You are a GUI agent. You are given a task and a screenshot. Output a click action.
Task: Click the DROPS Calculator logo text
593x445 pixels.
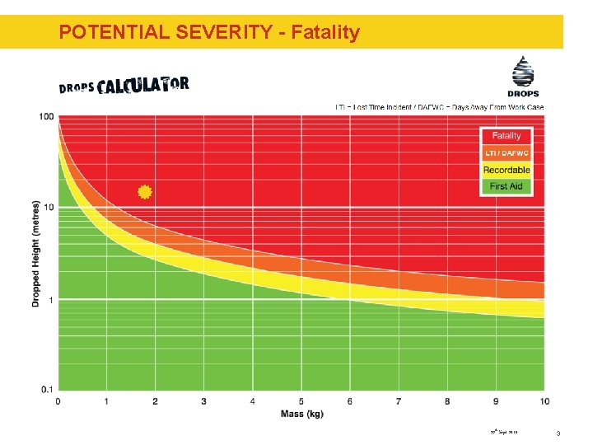pyautogui.click(x=124, y=85)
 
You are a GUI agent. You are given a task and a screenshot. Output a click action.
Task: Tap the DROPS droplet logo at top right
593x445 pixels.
pyautogui.click(x=523, y=76)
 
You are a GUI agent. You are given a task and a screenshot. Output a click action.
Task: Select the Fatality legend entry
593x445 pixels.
pyautogui.click(x=507, y=136)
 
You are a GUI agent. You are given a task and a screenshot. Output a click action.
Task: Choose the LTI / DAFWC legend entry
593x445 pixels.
pyautogui.click(x=507, y=153)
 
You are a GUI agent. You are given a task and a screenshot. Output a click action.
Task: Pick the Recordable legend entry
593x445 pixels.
pyautogui.click(x=507, y=170)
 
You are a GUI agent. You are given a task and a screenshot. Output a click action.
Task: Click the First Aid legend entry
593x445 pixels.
pyautogui.click(x=507, y=186)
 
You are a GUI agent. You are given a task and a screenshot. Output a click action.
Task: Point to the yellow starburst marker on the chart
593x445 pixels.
pyautogui.click(x=145, y=192)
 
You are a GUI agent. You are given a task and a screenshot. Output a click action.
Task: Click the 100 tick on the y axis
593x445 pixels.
pyautogui.click(x=46, y=116)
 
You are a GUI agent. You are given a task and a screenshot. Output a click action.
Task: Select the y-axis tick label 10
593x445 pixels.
pyautogui.click(x=48, y=207)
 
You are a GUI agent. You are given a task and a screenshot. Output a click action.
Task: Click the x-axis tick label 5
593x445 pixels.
pyautogui.click(x=301, y=401)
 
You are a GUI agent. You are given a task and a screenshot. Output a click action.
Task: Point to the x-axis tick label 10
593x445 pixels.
pyautogui.click(x=544, y=401)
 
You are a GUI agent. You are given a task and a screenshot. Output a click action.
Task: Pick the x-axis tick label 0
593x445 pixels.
pyautogui.click(x=58, y=401)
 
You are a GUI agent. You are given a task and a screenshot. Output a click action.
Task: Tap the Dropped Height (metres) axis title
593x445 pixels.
pyautogui.click(x=35, y=252)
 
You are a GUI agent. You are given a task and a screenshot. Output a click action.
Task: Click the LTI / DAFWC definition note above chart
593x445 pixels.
pyautogui.click(x=439, y=107)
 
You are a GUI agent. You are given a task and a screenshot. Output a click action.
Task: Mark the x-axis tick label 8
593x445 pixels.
pyautogui.click(x=447, y=401)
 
